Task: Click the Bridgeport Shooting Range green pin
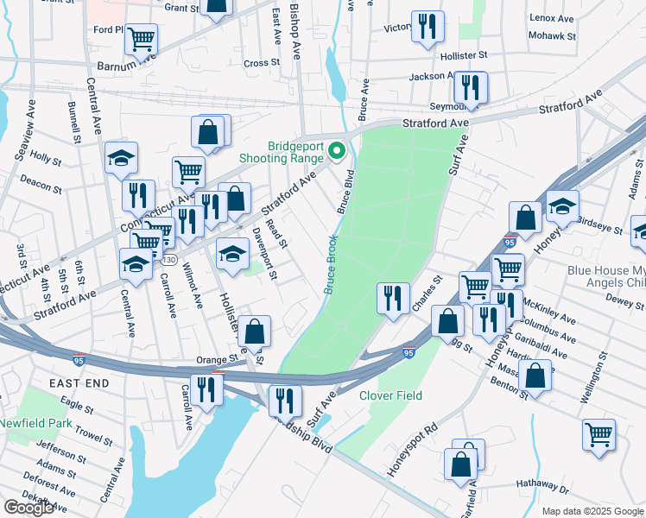tap(336, 152)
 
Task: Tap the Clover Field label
tap(390, 396)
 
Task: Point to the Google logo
tap(28, 508)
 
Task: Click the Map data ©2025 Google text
tap(592, 511)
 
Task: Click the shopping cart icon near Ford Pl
tap(141, 39)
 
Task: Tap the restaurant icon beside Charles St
tap(394, 298)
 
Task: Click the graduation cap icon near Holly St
tap(122, 158)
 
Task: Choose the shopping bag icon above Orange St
tap(255, 331)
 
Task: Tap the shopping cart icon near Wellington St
tap(598, 434)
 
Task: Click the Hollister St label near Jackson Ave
tap(459, 54)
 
